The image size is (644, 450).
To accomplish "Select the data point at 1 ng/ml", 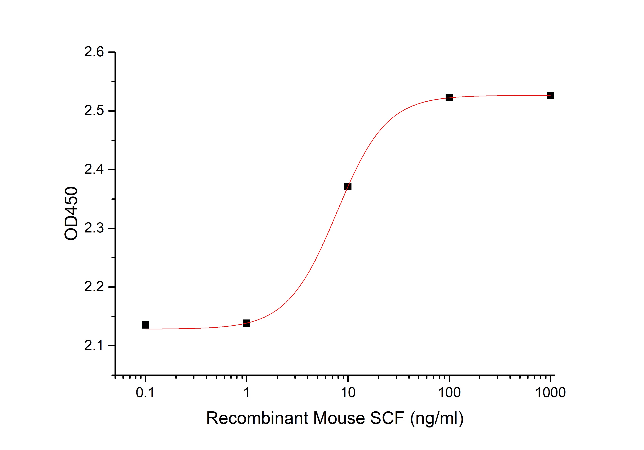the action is tap(247, 323).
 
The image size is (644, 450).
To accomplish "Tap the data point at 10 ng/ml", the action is tap(348, 186).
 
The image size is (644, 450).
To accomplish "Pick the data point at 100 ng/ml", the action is tap(449, 98).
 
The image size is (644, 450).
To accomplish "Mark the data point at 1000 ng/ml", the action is tap(550, 96).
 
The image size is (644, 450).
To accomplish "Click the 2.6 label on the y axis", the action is tap(94, 52).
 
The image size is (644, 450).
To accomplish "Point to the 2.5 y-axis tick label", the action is tap(94, 111).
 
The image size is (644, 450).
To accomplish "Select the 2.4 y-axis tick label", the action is tap(94, 169).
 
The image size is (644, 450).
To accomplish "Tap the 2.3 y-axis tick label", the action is tap(94, 228).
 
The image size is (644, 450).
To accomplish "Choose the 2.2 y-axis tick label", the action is tap(94, 287).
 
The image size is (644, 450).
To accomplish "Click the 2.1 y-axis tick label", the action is tap(94, 346).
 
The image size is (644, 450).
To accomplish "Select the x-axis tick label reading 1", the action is tap(247, 392).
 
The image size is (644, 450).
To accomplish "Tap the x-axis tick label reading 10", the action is tap(348, 392).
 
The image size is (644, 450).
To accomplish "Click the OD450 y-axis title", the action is tap(71, 213).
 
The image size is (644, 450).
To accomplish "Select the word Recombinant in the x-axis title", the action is tap(257, 418).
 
